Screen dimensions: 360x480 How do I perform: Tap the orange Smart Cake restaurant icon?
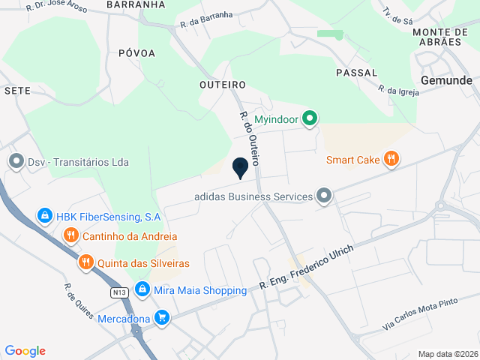tap(390, 159)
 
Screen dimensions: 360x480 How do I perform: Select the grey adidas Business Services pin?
tap(324, 196)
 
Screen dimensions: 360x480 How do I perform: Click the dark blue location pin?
tap(240, 169)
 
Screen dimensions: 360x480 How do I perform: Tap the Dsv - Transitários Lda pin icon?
tap(16, 162)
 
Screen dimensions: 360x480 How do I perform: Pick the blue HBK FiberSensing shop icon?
tap(45, 217)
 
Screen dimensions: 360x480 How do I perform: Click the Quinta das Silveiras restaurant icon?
tap(86, 263)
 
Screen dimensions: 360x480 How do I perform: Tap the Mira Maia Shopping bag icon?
tap(142, 290)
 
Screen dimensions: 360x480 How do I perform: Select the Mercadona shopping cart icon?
tap(161, 318)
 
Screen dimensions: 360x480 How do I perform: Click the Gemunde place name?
tap(446, 79)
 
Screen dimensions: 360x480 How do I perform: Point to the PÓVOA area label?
tap(136, 53)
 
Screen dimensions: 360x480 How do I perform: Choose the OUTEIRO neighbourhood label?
tap(223, 85)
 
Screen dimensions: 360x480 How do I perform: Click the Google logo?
tap(25, 351)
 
